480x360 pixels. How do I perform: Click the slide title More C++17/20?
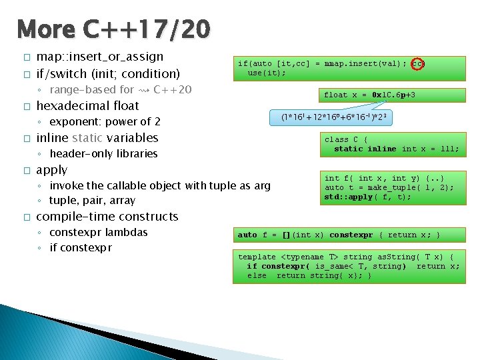point(114,29)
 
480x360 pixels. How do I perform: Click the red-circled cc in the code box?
point(418,64)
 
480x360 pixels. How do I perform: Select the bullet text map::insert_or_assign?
point(99,57)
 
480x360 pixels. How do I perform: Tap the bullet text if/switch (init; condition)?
point(108,73)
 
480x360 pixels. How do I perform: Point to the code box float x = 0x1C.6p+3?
point(369,95)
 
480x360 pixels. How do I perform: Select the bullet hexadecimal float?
point(87,106)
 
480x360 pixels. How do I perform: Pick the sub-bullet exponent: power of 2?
point(105,121)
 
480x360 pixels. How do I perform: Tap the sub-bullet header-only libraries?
point(103,153)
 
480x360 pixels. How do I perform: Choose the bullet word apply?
point(51,170)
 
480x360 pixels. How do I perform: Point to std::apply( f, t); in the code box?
point(367,197)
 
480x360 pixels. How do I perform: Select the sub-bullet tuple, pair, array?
point(92,200)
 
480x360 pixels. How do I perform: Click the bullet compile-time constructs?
point(107,217)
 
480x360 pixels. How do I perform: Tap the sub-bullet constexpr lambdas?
point(98,232)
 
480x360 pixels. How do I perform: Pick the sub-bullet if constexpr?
point(81,248)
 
